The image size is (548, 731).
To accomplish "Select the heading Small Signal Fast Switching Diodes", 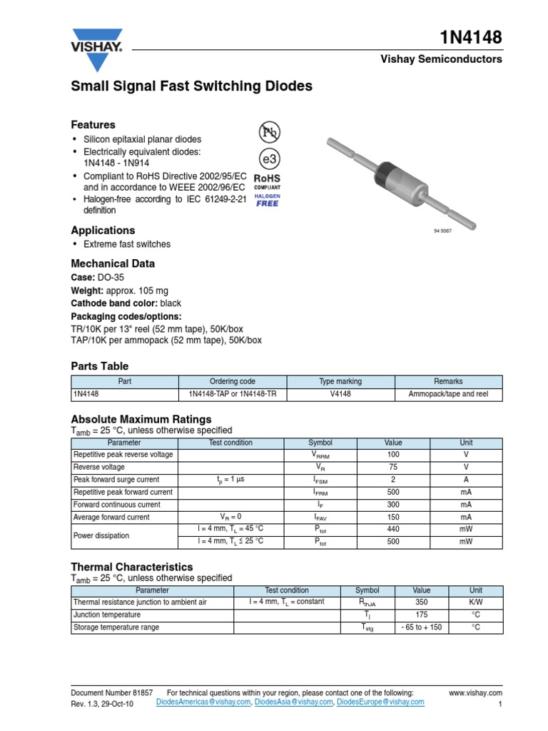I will click(191, 86).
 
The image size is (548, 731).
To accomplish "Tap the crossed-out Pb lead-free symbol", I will click(269, 132).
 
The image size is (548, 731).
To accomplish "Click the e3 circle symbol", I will click(268, 158).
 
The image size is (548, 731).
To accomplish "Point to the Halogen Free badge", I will click(268, 199).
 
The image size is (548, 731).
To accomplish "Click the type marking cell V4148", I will click(340, 394).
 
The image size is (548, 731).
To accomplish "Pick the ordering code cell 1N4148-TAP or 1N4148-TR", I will click(231, 394).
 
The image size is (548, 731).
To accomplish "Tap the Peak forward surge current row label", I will click(116, 480).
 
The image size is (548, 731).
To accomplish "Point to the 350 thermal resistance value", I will click(422, 602).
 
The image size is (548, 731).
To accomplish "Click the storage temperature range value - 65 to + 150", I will click(422, 627).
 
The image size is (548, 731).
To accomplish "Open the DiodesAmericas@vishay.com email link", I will click(203, 702).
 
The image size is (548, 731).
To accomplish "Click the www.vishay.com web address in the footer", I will click(476, 692).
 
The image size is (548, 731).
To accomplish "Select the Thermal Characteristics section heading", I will click(131, 566).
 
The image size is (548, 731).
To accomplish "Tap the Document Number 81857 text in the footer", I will click(112, 692).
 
